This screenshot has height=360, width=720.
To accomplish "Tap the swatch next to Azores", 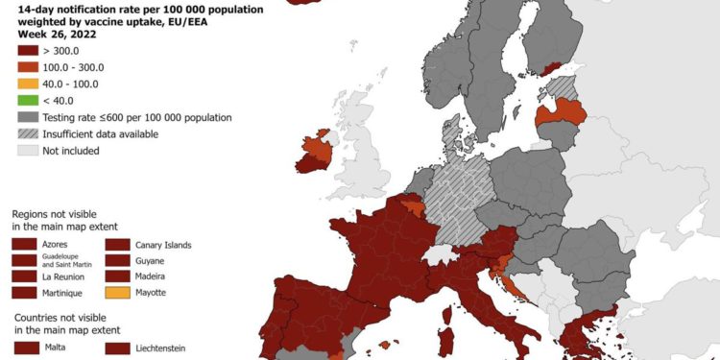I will tap(25, 245).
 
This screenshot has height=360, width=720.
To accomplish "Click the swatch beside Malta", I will tap(25, 347).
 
